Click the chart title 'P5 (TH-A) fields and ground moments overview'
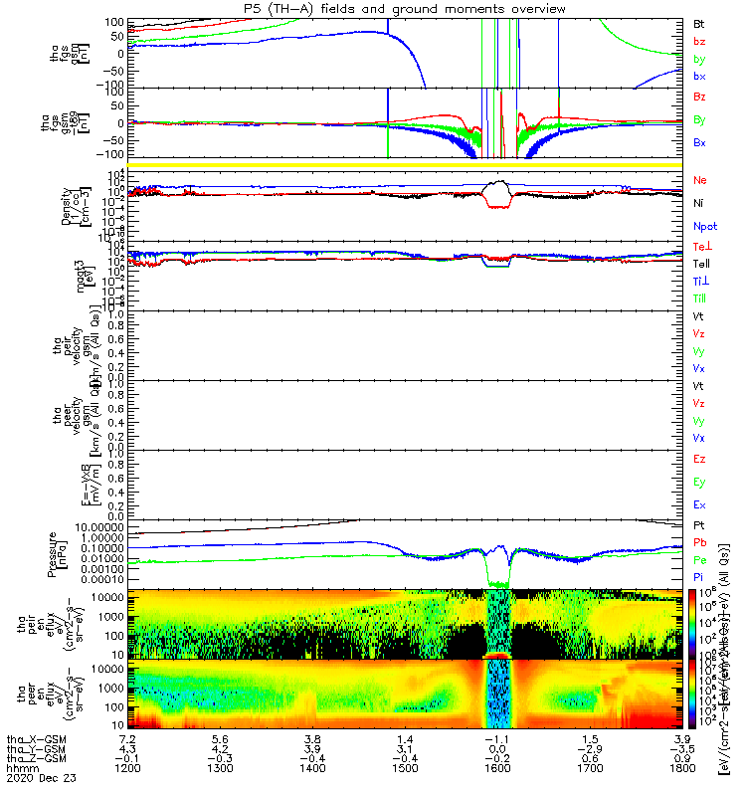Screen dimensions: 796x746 (x=404, y=9)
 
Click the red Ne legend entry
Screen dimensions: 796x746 (x=700, y=180)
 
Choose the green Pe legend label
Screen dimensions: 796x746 (x=700, y=560)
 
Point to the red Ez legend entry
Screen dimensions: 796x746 (x=700, y=459)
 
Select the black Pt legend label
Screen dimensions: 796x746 (x=700, y=524)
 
